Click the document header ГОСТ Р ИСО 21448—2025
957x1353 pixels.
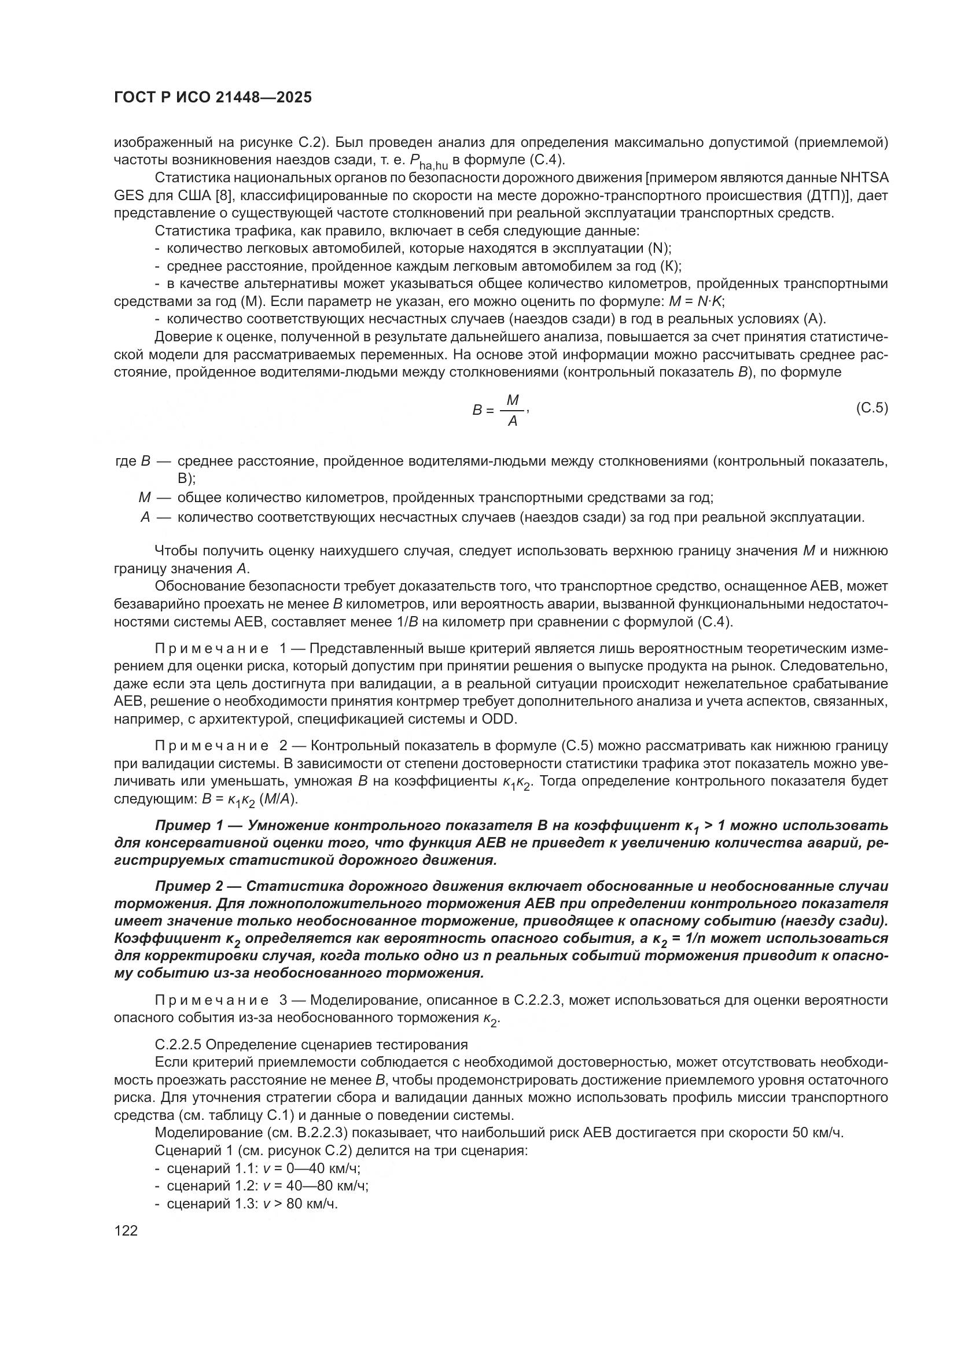point(213,97)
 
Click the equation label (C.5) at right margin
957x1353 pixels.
point(871,408)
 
